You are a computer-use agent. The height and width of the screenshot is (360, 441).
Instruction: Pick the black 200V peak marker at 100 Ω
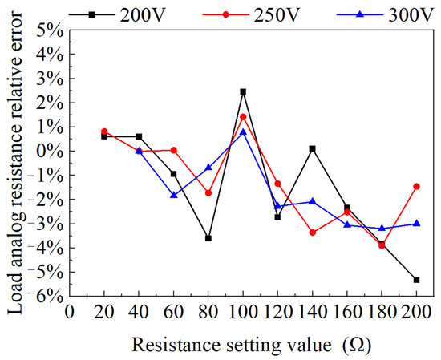(x=243, y=91)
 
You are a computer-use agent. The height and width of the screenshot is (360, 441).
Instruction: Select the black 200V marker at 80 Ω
(x=208, y=238)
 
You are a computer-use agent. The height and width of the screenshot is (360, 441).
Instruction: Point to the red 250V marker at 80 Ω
(x=208, y=193)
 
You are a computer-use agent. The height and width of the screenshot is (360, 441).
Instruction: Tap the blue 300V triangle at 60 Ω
(x=174, y=195)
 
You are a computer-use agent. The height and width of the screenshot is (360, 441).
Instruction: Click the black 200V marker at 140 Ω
(x=313, y=148)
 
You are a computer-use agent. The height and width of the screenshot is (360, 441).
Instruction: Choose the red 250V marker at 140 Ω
(x=313, y=233)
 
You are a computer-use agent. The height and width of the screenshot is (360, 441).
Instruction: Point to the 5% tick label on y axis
(x=51, y=30)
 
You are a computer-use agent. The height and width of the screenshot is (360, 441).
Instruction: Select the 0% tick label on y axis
(x=51, y=151)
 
